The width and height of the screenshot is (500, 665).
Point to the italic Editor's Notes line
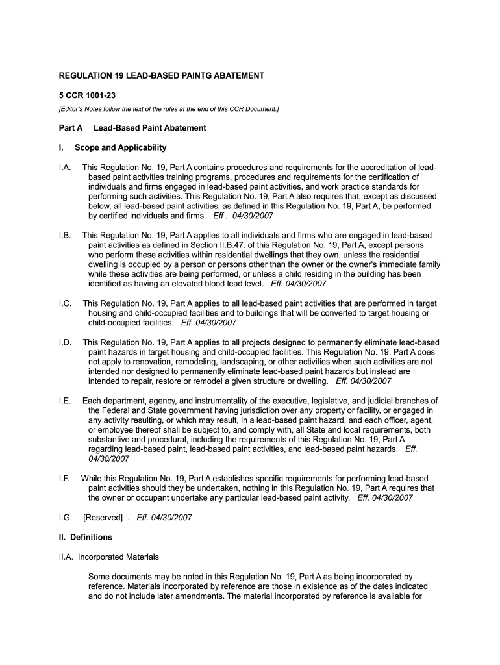169,108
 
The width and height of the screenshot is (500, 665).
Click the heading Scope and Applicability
120,147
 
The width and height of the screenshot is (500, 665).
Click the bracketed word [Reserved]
103,518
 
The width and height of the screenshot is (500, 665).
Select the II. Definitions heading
86,537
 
